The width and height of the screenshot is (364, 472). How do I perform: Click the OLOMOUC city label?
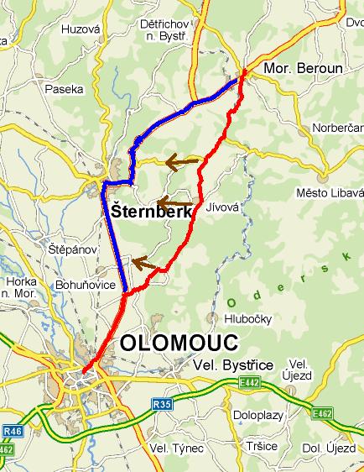179,342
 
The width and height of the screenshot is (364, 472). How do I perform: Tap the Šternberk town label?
151,212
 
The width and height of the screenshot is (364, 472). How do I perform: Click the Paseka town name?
65,88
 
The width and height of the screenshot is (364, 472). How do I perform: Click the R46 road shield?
10,431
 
